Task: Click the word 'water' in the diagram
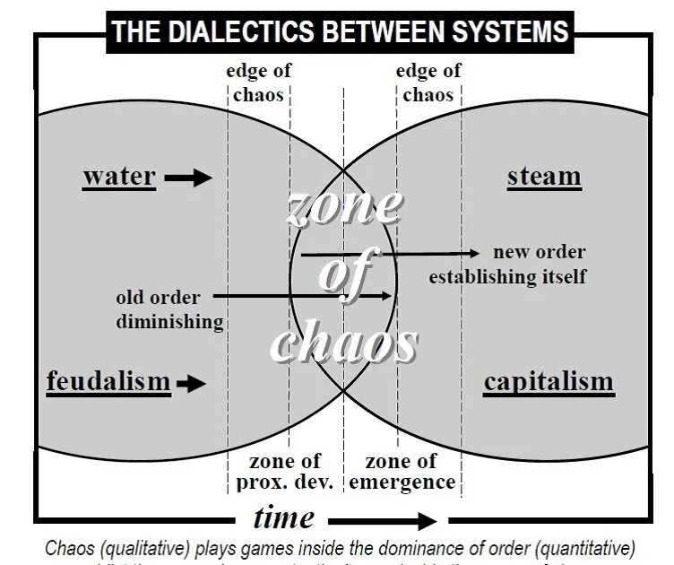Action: coord(119,177)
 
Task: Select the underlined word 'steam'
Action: coord(544,177)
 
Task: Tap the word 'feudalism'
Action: coord(108,382)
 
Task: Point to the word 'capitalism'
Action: coord(549,382)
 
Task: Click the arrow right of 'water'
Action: coord(188,178)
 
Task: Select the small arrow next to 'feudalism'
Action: coord(190,384)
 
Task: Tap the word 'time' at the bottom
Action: coord(283,517)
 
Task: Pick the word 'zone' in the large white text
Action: coord(343,206)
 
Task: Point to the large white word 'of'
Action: coord(344,274)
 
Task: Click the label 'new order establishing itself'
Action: coord(508,265)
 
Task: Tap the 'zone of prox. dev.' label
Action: coord(284,472)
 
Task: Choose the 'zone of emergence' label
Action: coord(402,472)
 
